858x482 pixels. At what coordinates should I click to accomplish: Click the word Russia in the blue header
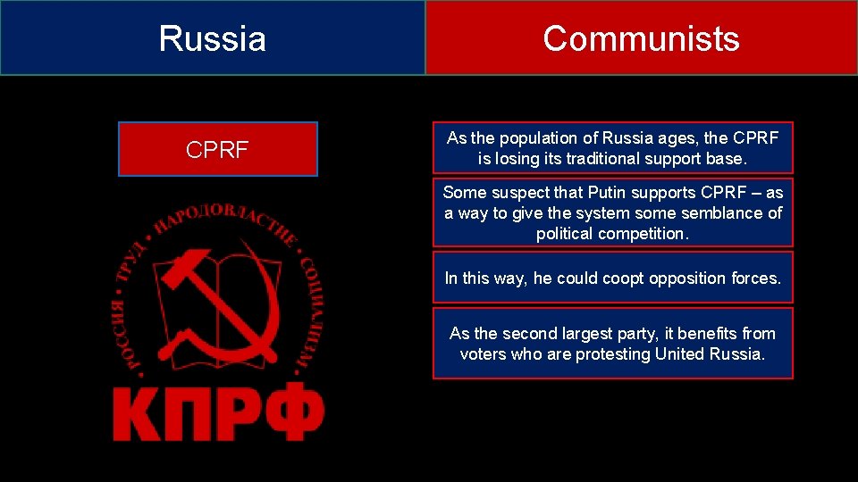click(212, 39)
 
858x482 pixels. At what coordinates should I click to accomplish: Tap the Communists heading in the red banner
click(641, 38)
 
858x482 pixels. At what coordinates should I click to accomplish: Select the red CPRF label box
click(218, 149)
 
